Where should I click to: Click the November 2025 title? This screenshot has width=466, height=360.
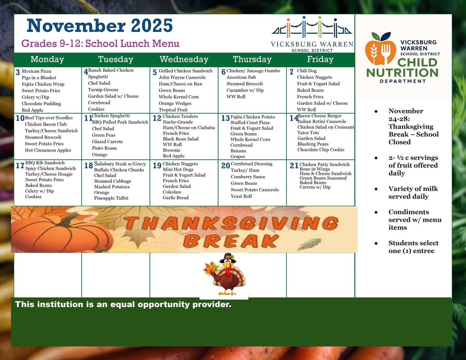(100, 25)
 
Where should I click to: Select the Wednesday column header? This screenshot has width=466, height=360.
(184, 60)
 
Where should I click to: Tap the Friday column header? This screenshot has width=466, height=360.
(320, 60)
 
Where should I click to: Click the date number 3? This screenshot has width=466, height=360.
(18, 72)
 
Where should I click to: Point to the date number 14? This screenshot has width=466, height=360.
(294, 118)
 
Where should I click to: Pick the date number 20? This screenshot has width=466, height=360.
(225, 166)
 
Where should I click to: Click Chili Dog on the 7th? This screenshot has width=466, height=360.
(307, 71)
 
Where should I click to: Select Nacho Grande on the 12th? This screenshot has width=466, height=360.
(178, 122)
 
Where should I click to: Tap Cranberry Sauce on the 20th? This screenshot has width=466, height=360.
(248, 177)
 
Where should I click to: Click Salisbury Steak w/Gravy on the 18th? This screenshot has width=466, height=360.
(121, 164)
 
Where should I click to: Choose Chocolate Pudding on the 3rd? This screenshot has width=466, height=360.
(41, 104)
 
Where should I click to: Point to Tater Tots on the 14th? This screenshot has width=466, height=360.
(308, 133)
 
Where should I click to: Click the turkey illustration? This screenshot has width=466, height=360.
(225, 275)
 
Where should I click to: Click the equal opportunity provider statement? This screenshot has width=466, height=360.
(123, 304)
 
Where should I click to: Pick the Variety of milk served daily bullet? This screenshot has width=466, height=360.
(408, 193)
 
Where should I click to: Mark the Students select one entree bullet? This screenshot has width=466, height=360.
(413, 247)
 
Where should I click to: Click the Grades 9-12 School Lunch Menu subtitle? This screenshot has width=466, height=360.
(101, 44)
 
